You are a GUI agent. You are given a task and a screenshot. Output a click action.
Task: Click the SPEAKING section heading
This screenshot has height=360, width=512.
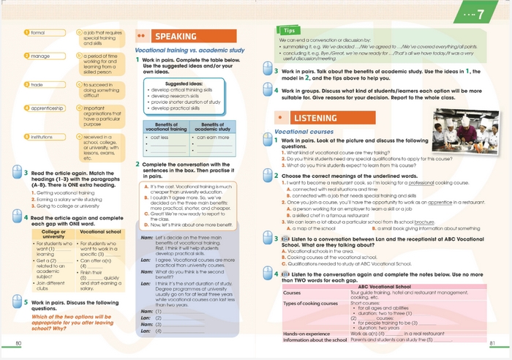click(x=175, y=37)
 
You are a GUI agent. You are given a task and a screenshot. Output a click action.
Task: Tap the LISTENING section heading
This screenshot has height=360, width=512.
click(x=314, y=118)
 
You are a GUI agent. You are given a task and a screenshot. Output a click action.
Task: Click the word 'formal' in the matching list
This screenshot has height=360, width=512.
click(x=37, y=33)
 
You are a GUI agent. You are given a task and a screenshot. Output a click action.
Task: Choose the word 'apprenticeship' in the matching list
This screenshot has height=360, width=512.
click(x=48, y=108)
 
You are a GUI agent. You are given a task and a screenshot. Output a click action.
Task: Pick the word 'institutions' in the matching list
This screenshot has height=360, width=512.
click(x=42, y=137)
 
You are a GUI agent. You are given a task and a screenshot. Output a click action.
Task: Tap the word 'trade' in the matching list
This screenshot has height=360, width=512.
click(x=37, y=85)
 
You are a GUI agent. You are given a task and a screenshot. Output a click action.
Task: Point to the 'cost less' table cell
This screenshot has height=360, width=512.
click(x=159, y=137)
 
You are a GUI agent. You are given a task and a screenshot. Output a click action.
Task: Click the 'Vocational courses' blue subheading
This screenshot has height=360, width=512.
click(x=304, y=132)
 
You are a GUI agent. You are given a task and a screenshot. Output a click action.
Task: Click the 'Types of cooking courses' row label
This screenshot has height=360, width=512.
click(x=309, y=302)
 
